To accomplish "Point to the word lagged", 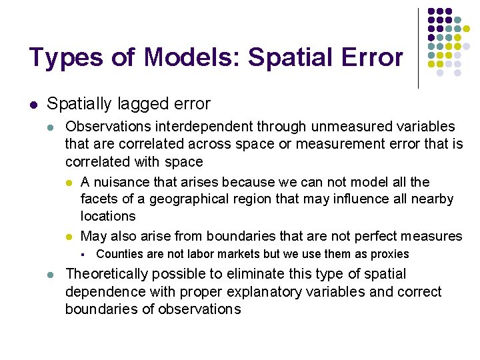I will [128, 104].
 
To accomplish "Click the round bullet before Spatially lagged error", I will [33, 104].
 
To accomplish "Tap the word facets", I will [98, 199].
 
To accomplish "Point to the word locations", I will [108, 216].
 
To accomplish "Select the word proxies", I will [389, 254].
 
